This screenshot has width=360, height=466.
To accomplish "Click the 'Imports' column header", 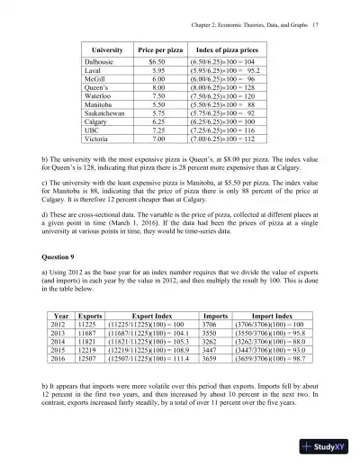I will click(x=215, y=317).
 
